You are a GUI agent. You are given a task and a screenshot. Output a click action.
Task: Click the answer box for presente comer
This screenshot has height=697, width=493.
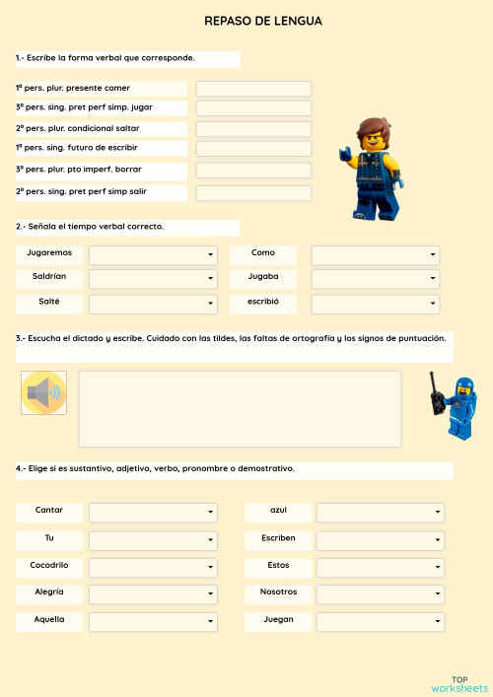[253, 89]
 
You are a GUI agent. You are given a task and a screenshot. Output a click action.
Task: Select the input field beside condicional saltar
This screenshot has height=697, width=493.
[253, 129]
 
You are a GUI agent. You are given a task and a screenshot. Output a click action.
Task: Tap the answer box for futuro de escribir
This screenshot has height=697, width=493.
[253, 149]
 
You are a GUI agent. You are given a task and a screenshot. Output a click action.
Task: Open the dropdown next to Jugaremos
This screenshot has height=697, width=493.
[153, 254]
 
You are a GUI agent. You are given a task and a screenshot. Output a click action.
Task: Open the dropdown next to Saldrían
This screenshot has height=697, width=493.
[153, 279]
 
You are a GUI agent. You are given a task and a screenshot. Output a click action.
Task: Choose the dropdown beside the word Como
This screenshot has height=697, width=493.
[375, 254]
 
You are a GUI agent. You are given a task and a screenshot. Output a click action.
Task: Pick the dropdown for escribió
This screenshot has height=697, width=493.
[375, 304]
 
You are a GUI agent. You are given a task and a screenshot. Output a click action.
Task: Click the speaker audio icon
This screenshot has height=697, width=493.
[43, 393]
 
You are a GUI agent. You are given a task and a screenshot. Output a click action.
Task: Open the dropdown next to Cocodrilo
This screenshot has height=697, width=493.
[153, 568]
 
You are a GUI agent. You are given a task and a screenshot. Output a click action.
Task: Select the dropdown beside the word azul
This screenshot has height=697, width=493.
[380, 513]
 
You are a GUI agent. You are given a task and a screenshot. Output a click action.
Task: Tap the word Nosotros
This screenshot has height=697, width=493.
[278, 592]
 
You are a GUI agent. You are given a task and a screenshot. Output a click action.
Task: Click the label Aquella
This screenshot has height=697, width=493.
[49, 620]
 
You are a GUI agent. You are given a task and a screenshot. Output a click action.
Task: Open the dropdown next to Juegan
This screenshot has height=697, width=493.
[380, 622]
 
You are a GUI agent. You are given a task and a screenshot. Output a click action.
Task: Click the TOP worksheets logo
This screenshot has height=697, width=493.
[458, 683]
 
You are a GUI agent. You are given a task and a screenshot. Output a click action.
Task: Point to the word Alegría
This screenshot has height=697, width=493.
[49, 592]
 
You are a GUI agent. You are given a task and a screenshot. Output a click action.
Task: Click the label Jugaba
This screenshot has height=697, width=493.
[263, 278]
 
